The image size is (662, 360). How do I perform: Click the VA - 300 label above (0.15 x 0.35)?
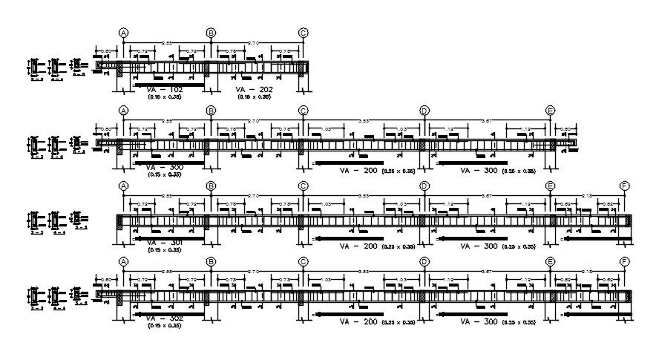(165, 168)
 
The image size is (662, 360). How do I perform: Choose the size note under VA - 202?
(252, 97)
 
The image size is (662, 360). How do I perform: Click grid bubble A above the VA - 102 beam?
(123, 33)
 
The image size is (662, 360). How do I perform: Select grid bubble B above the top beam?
(211, 33)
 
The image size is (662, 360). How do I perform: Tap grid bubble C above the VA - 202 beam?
(303, 33)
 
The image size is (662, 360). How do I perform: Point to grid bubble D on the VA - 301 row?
(424, 186)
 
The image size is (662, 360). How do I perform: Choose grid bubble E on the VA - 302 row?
(550, 261)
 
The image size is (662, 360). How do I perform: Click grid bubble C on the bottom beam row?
(303, 261)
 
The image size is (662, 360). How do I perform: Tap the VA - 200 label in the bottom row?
(355, 322)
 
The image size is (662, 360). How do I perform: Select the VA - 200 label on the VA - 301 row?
(355, 246)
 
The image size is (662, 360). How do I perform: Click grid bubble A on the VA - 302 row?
(123, 261)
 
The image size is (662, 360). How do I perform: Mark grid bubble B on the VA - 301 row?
(211, 186)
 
